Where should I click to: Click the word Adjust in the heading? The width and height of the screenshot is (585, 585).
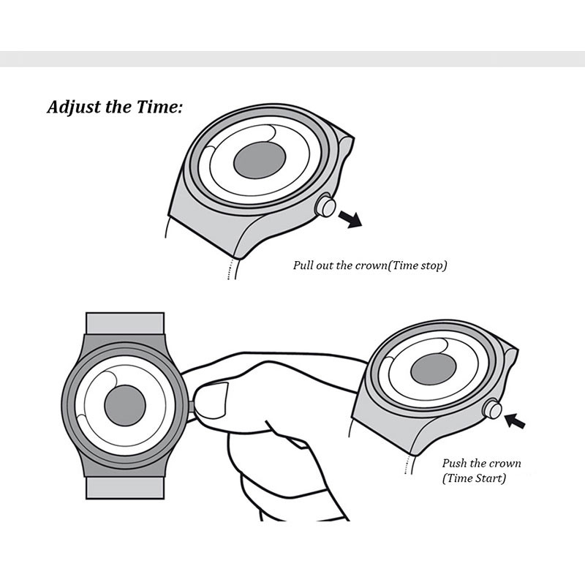pyautogui.click(x=73, y=107)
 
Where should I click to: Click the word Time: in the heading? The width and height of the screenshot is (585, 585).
pyautogui.click(x=156, y=107)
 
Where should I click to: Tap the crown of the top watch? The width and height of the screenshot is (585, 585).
pyautogui.click(x=325, y=206)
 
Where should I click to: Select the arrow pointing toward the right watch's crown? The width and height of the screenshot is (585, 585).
pyautogui.click(x=516, y=420)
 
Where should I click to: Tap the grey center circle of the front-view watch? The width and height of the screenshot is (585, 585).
pyautogui.click(x=125, y=406)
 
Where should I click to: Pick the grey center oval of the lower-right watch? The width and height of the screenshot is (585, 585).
pyautogui.click(x=434, y=371)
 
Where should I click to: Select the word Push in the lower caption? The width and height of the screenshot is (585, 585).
pyautogui.click(x=455, y=464)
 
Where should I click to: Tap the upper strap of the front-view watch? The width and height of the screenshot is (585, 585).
pyautogui.click(x=124, y=323)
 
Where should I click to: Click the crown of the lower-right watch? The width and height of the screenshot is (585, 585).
pyautogui.click(x=494, y=409)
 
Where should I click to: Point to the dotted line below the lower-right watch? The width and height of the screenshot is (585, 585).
pyautogui.click(x=407, y=465)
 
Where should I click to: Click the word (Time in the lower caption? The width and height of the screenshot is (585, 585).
pyautogui.click(x=457, y=478)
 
